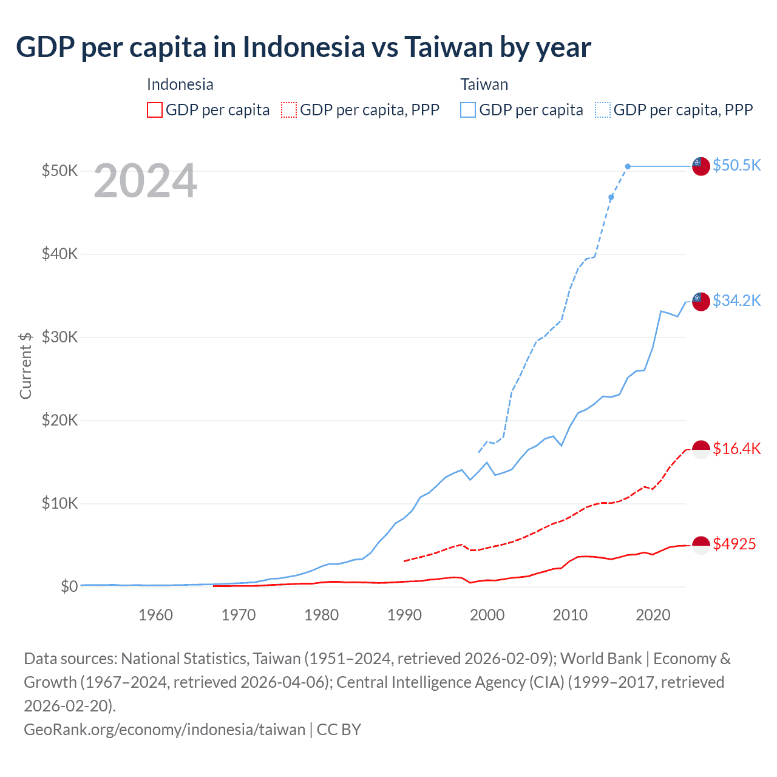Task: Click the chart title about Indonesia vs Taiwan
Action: pyautogui.click(x=303, y=47)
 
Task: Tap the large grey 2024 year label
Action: pyautogui.click(x=145, y=181)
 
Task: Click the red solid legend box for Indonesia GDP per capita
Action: pyautogui.click(x=155, y=110)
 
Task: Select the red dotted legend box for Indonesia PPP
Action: pyautogui.click(x=289, y=110)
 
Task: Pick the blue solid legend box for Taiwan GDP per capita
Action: pyautogui.click(x=468, y=110)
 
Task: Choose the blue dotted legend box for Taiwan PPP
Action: pyautogui.click(x=603, y=110)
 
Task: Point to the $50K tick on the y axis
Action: pyautogui.click(x=59, y=171)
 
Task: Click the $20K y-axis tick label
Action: pyautogui.click(x=59, y=420)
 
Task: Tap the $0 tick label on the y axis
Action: pyautogui.click(x=69, y=586)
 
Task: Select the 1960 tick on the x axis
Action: pyautogui.click(x=155, y=615)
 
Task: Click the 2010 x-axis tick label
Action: pyautogui.click(x=570, y=615)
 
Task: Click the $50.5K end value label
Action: pyautogui.click(x=736, y=165)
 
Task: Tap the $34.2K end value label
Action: pyautogui.click(x=736, y=300)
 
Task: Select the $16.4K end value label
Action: pyautogui.click(x=736, y=449)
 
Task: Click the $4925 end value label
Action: pyautogui.click(x=734, y=544)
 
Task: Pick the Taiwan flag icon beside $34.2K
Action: pyautogui.click(x=701, y=301)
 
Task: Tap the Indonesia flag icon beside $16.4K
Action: pyautogui.click(x=701, y=449)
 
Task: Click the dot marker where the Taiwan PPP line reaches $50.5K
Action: pyautogui.click(x=628, y=166)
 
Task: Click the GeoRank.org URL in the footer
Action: pyautogui.click(x=165, y=729)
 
